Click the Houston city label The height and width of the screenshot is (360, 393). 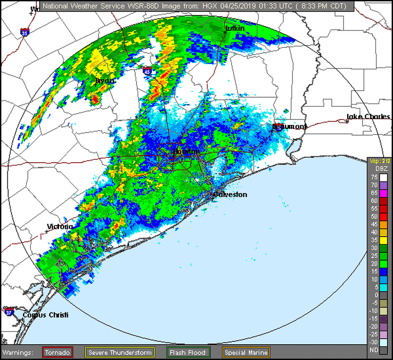pos(186,152)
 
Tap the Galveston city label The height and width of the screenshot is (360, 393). pos(231,195)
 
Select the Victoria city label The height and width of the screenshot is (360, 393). pos(60,226)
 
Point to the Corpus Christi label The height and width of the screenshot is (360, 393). pos(45,315)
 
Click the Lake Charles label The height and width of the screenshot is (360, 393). pos(368,117)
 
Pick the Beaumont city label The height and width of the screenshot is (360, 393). pos(290,127)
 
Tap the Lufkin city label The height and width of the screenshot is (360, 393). pos(235,29)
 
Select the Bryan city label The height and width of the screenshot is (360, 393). pos(105,81)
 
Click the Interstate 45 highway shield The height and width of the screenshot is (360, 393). pos(147,71)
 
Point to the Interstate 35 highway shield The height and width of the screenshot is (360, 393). pos(25,32)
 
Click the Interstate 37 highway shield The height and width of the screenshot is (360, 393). pos(9,311)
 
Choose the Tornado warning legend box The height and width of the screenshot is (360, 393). pos(58,352)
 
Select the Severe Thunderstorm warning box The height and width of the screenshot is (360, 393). pos(120,352)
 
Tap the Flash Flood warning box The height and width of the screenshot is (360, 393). pos(188,352)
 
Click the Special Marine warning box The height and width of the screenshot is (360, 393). pos(246,352)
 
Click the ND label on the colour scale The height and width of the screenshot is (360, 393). pos(374,350)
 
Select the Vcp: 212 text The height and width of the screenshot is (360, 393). pos(379,161)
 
